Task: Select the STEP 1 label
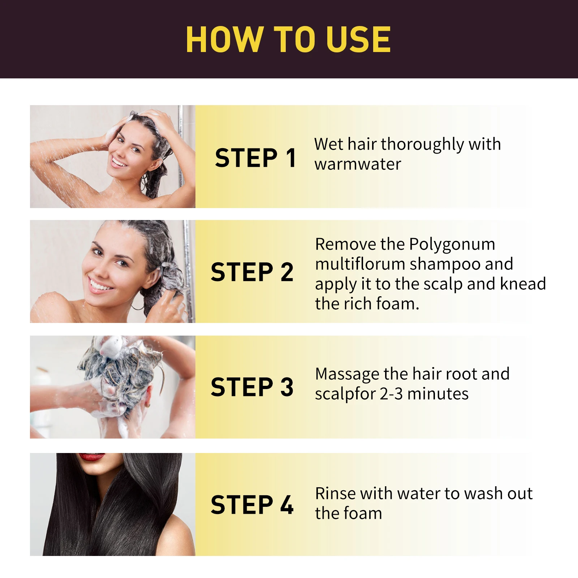pos(255,158)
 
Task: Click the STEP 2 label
pos(252,272)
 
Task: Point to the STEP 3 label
pos(252,387)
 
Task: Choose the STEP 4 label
pos(252,505)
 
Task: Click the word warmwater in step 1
pos(358,164)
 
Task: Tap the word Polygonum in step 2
pos(452,245)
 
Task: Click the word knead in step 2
pos(523,284)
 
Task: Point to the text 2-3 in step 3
pos(391,394)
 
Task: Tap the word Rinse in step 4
pos(336,493)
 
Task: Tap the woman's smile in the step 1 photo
pos(119,161)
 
